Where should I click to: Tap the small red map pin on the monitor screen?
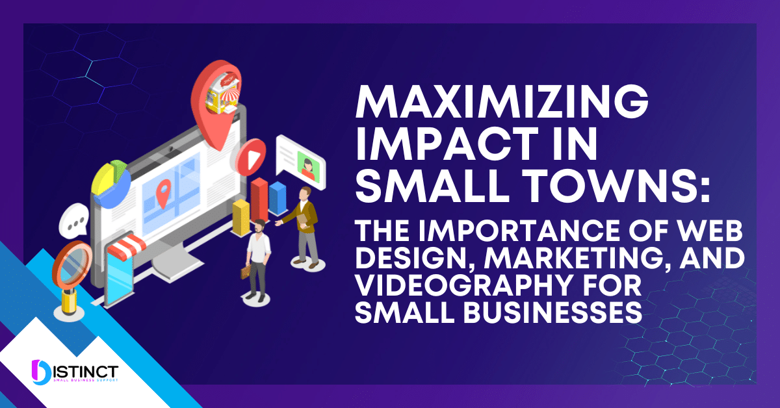163,190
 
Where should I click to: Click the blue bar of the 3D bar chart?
278,198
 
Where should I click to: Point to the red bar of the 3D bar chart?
259,198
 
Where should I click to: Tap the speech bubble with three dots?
73,222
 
